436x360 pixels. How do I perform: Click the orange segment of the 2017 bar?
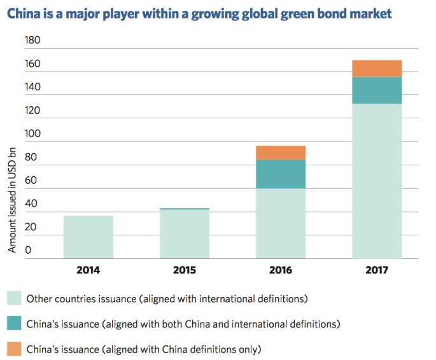(x=376, y=69)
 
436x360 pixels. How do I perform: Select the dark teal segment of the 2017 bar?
(x=376, y=90)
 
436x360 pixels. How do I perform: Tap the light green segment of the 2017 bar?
(x=376, y=181)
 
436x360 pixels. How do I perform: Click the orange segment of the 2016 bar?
(x=281, y=153)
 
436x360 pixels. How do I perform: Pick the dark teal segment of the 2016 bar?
(x=281, y=174)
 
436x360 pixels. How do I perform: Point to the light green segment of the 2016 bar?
(x=281, y=223)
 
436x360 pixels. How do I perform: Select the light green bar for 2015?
(x=185, y=234)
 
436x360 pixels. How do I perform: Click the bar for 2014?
(x=88, y=237)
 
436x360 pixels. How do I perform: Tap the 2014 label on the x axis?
(x=88, y=270)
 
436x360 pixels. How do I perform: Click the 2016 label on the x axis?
(x=281, y=270)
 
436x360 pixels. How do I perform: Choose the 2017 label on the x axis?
(x=376, y=270)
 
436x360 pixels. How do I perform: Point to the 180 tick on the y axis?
(x=32, y=40)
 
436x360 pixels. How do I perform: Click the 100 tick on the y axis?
(x=32, y=134)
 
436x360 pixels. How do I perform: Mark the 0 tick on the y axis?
(x=28, y=250)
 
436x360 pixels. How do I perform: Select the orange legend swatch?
(x=14, y=349)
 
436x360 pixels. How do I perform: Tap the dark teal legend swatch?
(x=14, y=324)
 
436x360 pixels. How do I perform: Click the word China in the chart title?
(x=24, y=13)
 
